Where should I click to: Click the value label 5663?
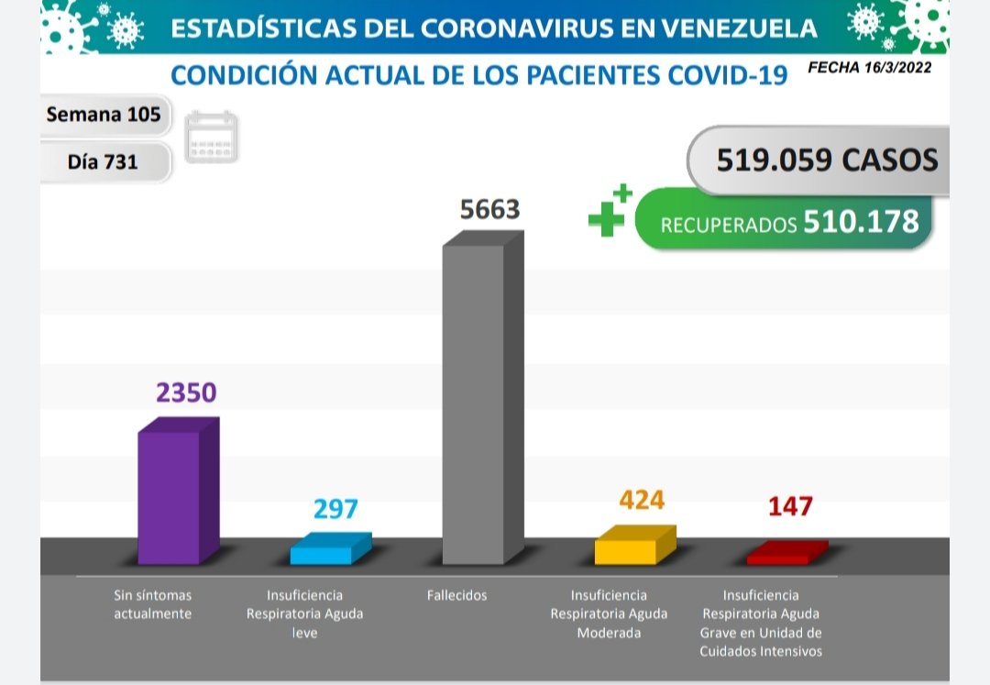(x=489, y=210)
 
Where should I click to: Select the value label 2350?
(x=186, y=392)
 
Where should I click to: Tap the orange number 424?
(x=642, y=500)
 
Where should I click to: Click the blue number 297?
(x=335, y=508)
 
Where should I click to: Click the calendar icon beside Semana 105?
(x=211, y=138)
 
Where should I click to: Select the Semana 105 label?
(x=103, y=115)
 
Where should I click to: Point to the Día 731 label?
(x=103, y=161)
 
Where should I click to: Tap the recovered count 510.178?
(x=861, y=221)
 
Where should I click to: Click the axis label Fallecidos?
(x=456, y=595)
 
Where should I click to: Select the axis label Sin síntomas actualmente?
(x=152, y=604)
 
